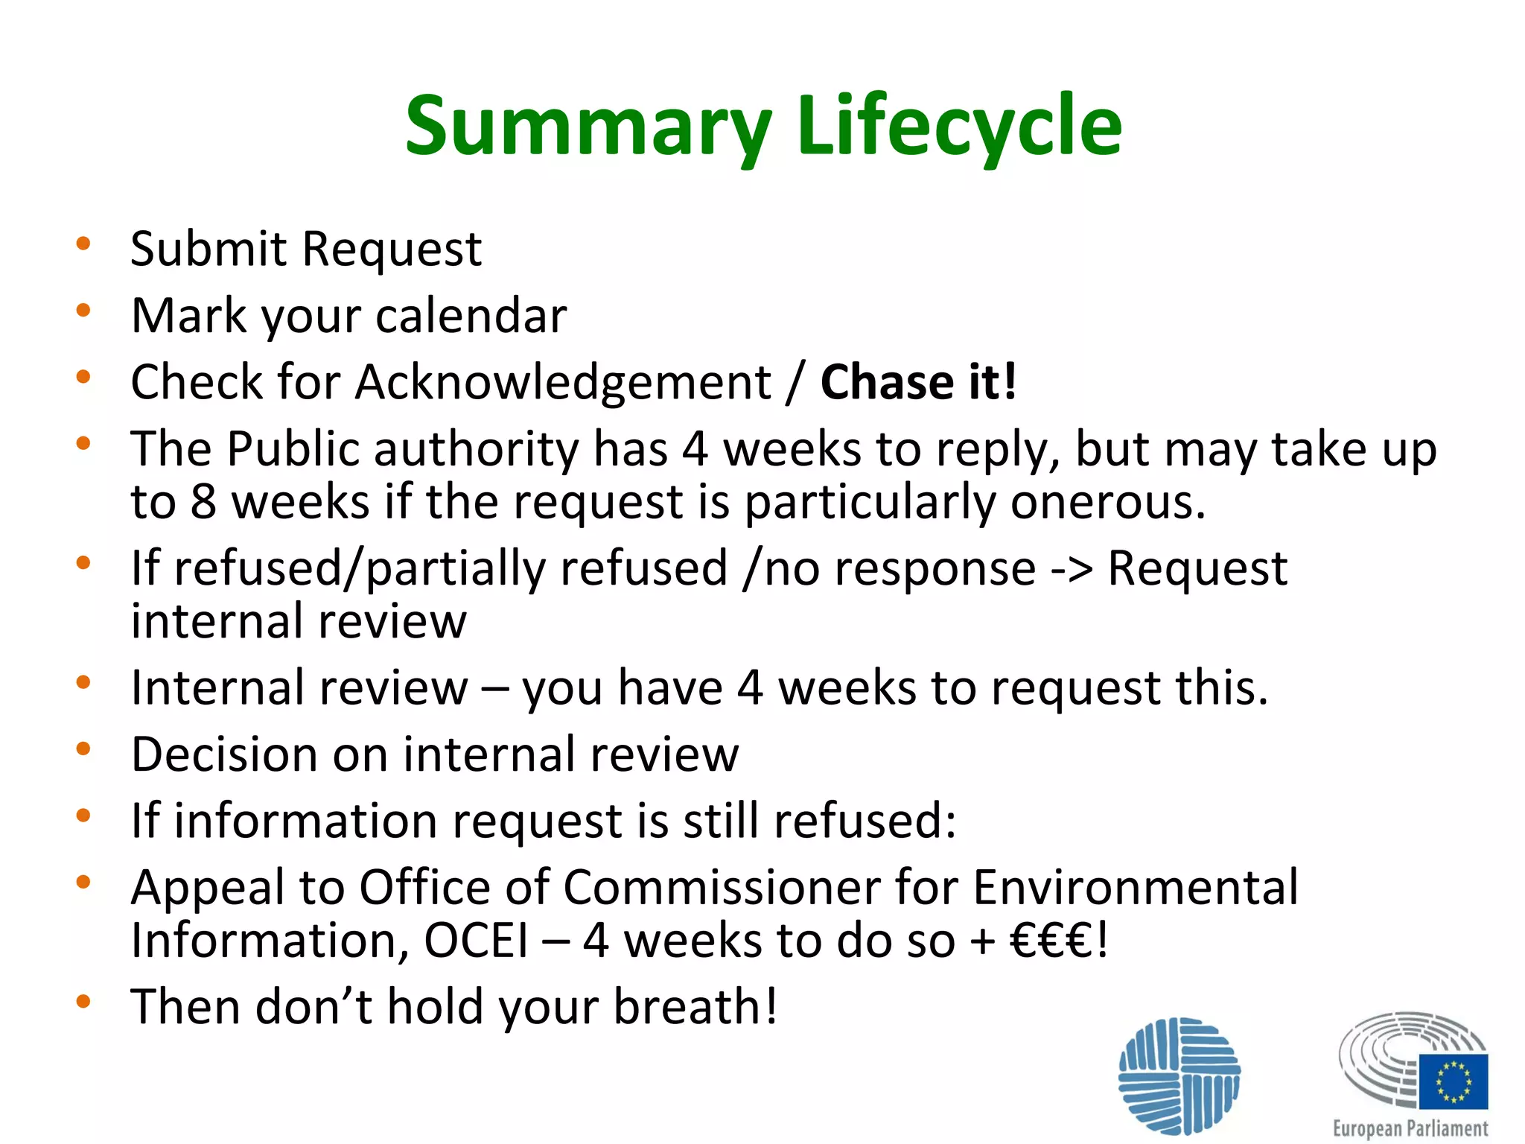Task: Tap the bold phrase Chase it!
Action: pos(918,382)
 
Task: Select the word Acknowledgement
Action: pos(563,383)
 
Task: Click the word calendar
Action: pos(471,316)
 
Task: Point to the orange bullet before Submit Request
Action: pos(83,244)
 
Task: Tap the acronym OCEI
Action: pos(476,940)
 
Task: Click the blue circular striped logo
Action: pos(1179,1075)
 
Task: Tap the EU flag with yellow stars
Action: pos(1453,1081)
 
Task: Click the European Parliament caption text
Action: pos(1410,1128)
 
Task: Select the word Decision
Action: pos(224,754)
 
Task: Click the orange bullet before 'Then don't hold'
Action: pos(83,1002)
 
